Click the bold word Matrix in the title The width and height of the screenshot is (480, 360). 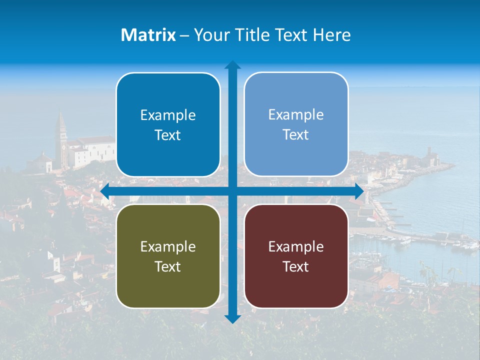pyautogui.click(x=148, y=35)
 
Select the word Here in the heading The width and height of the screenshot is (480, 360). pyautogui.click(x=331, y=35)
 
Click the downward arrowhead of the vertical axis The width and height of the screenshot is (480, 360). pyautogui.click(x=232, y=318)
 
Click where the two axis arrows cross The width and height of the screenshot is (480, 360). pyautogui.click(x=232, y=191)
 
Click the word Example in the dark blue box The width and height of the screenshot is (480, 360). pyautogui.click(x=168, y=115)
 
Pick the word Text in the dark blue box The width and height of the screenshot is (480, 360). pyautogui.click(x=168, y=135)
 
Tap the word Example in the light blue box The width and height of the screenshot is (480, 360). pyautogui.click(x=296, y=115)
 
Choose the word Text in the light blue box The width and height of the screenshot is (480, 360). pyautogui.click(x=296, y=135)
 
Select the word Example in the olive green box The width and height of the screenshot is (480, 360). pyautogui.click(x=168, y=246)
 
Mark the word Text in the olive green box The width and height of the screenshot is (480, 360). pyautogui.click(x=168, y=266)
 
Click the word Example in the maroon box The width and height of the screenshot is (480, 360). pyautogui.click(x=296, y=246)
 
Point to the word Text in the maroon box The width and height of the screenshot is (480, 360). pyautogui.click(x=296, y=266)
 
